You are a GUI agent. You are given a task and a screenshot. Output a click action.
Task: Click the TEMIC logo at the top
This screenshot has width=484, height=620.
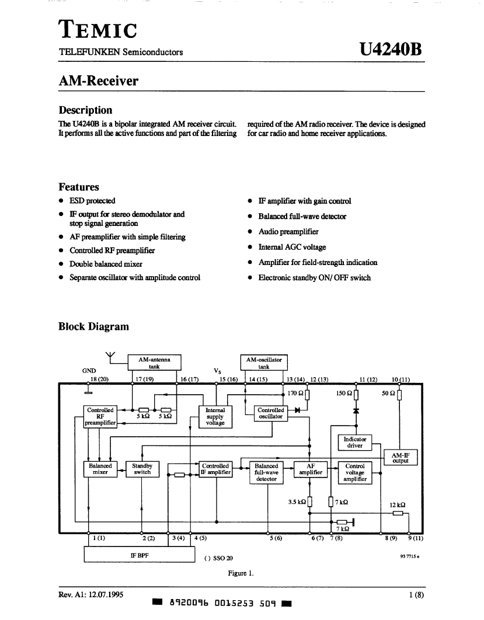coord(98,29)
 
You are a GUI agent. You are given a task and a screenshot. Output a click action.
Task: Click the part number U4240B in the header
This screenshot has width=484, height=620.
coord(391,50)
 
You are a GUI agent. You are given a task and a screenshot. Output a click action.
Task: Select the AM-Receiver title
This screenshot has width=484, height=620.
coord(99,81)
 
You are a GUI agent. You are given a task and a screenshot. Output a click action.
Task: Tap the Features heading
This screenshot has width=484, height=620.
coord(79,187)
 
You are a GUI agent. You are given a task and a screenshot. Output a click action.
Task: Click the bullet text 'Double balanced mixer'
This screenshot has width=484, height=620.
coord(106,264)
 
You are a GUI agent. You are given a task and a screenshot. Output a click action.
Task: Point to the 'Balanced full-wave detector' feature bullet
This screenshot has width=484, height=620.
coord(302,216)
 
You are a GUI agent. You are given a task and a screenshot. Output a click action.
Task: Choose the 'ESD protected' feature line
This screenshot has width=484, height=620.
coord(92,200)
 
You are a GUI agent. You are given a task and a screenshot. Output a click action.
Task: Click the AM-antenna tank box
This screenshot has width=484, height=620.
coord(154,362)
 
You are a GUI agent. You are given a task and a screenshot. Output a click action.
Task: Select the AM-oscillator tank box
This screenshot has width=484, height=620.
coord(264,362)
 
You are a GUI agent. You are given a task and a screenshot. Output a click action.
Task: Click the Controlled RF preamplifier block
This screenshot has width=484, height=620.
coord(100,416)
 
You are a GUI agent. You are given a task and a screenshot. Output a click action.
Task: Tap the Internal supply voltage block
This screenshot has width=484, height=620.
coord(215,416)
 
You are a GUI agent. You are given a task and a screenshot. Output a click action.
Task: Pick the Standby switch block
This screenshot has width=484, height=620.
coord(142,469)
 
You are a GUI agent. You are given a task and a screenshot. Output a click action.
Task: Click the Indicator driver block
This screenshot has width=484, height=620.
coord(355,443)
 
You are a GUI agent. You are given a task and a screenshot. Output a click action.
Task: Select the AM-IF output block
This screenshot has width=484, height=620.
coord(401,458)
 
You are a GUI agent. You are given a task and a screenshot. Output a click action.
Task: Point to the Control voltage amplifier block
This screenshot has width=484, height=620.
coord(355,472)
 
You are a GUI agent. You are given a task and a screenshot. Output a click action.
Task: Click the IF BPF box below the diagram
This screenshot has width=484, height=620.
coord(140,555)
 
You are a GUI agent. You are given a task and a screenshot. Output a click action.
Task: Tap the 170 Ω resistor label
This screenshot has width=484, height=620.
coord(295,393)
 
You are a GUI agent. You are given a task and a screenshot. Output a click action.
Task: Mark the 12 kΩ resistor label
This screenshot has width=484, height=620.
coord(398,505)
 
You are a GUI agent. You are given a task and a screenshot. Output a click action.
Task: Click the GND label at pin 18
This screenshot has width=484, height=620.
coord(89,371)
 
